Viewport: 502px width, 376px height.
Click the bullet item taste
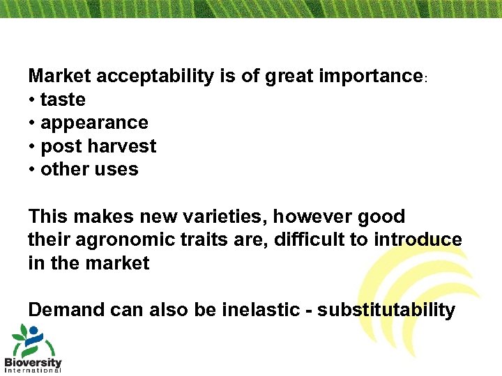point(63,100)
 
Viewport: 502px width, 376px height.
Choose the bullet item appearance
point(94,123)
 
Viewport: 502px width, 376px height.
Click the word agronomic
point(119,240)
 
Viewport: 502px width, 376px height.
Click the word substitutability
point(386,310)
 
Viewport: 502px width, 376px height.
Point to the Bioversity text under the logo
point(33,363)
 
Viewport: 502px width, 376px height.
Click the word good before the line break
point(380,217)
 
